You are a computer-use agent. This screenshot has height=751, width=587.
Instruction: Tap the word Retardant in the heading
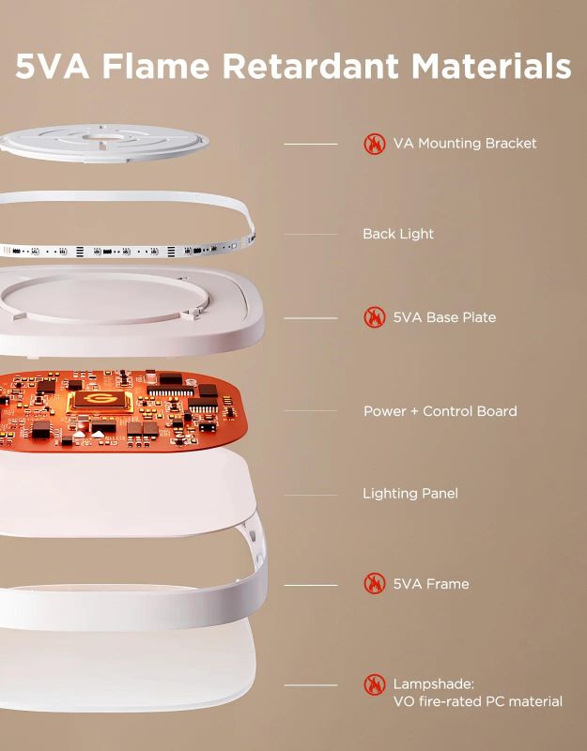[x=311, y=66]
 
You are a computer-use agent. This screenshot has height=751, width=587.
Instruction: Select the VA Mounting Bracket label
[x=465, y=144]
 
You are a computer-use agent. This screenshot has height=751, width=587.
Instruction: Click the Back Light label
[x=398, y=234]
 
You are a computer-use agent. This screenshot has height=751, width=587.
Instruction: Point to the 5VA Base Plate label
[x=444, y=317]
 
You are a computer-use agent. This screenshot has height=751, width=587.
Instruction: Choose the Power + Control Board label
[x=440, y=411]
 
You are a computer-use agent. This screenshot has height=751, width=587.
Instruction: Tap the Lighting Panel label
[x=410, y=494]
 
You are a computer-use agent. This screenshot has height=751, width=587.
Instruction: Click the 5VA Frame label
[x=431, y=584]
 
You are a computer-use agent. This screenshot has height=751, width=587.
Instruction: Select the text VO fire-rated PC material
[x=477, y=701]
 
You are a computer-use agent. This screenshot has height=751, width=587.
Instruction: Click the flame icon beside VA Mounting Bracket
[x=375, y=144]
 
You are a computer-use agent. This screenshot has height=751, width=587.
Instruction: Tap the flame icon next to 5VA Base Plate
[x=375, y=317]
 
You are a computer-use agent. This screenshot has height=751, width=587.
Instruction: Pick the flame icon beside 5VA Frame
[x=375, y=584]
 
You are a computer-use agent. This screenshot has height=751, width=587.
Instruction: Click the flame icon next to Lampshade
[x=375, y=684]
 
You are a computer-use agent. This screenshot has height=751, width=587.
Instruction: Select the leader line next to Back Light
[x=310, y=234]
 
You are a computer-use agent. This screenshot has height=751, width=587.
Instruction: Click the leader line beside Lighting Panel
[x=310, y=495]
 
